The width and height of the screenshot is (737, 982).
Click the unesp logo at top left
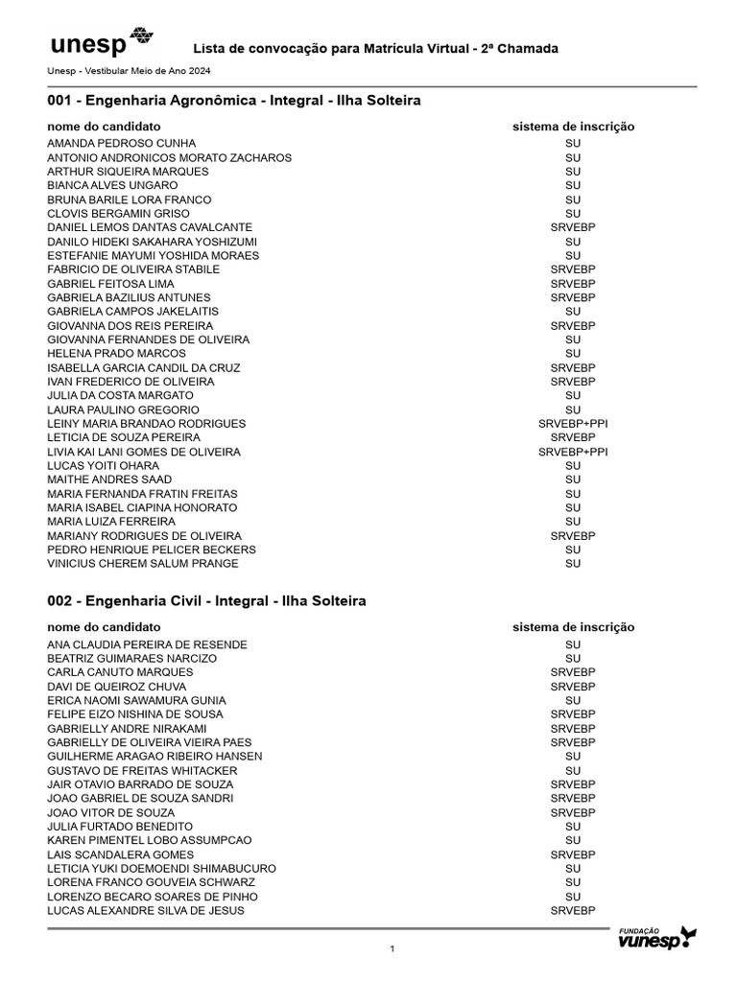click(100, 44)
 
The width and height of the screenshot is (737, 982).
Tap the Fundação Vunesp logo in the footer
click(656, 938)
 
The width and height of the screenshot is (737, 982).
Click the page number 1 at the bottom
click(392, 949)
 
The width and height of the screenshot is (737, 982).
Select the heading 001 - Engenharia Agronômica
click(234, 101)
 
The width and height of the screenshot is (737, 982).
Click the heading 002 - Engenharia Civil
click(206, 601)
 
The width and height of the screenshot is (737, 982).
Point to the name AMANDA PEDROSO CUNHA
click(121, 144)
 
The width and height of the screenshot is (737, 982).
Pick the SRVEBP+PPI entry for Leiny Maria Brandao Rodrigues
click(573, 424)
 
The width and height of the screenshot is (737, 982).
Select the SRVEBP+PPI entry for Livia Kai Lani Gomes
click(573, 452)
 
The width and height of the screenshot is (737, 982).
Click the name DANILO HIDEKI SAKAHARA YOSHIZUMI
click(152, 242)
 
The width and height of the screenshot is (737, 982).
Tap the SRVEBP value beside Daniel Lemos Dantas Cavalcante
click(573, 227)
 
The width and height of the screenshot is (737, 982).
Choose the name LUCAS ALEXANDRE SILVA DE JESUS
click(146, 910)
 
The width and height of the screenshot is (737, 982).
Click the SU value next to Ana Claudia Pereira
click(573, 644)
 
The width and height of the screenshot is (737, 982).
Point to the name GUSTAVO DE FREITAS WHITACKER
click(142, 770)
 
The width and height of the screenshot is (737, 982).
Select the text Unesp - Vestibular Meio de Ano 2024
click(129, 71)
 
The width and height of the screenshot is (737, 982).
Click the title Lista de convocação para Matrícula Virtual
click(376, 49)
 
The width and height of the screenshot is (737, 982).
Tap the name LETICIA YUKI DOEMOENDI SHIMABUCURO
click(161, 868)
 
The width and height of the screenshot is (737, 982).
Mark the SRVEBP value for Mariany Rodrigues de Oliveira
click(573, 536)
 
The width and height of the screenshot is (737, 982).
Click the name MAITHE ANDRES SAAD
click(109, 479)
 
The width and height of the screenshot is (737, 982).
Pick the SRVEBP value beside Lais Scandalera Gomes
click(573, 854)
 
